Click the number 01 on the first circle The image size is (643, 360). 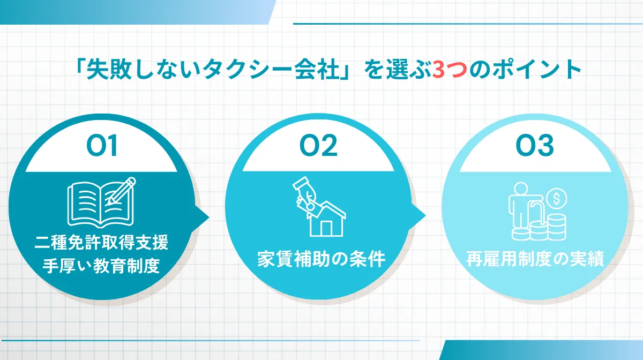pyautogui.click(x=102, y=147)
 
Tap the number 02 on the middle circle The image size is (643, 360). pyautogui.click(x=318, y=147)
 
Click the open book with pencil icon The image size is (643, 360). pyautogui.click(x=101, y=202)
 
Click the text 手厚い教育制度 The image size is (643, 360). pyautogui.click(x=102, y=265)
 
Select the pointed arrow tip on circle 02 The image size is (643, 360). pyautogui.click(x=425, y=217)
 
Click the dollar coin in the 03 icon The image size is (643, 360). pyautogui.click(x=557, y=199)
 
